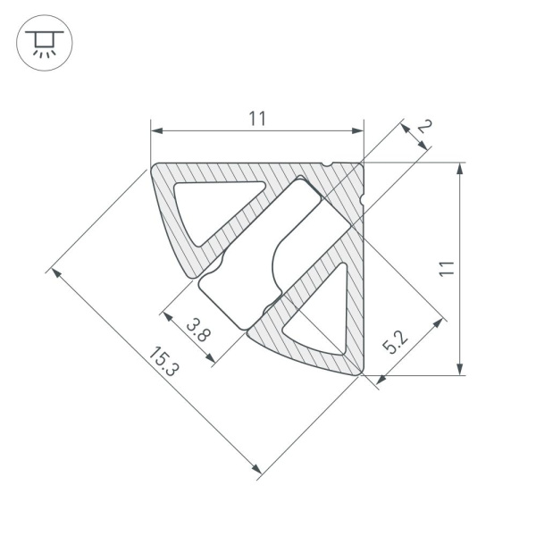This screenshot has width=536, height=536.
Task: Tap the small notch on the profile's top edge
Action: pyautogui.click(x=331, y=165)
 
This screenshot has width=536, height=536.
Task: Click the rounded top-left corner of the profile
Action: pyautogui.click(x=156, y=169)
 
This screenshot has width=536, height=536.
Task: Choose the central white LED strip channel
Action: pyautogui.click(x=255, y=259)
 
